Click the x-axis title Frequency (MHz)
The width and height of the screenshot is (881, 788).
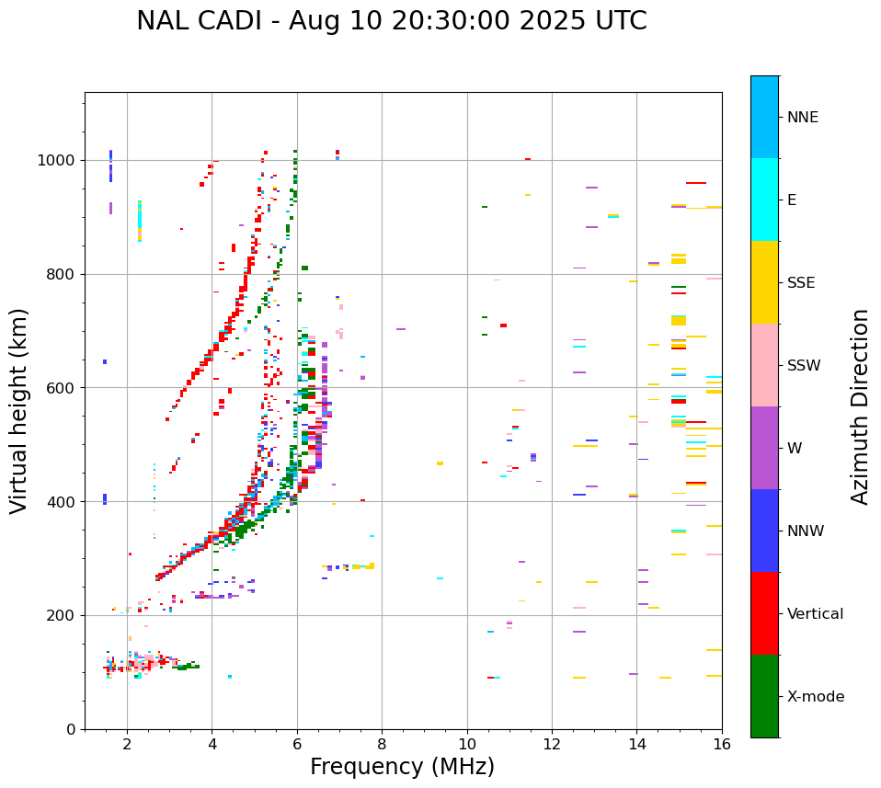coord(402,767)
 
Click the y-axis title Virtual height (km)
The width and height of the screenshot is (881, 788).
coord(19,411)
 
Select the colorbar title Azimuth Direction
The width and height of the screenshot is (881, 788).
coord(860,406)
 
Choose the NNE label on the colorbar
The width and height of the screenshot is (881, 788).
coord(803,118)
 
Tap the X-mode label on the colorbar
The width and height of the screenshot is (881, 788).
coord(816,697)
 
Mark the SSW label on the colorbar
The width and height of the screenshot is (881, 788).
coord(804,366)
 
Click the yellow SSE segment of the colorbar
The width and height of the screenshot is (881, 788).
coord(764,282)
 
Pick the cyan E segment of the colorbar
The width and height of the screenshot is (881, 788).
coord(764,200)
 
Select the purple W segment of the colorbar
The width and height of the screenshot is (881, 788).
coord(764,448)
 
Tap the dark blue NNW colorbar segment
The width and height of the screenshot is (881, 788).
coord(764,531)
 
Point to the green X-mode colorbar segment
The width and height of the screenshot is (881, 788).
coord(764,696)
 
